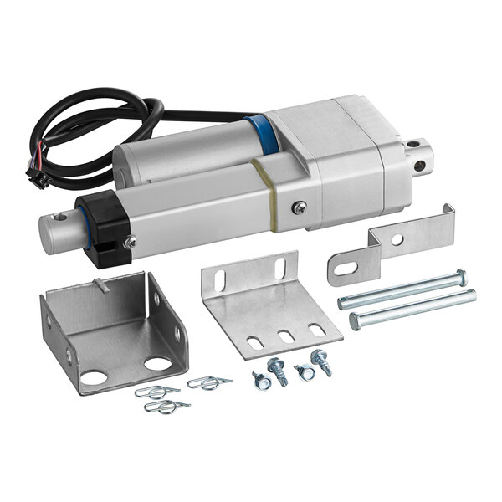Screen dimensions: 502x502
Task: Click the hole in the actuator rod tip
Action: click(59, 218)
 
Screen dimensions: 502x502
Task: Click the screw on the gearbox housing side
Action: click(299, 207)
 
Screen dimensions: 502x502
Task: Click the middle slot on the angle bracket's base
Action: click(286, 336)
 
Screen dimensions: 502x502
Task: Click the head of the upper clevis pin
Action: click(460, 275)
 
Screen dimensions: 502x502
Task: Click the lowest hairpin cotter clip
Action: click(166, 407)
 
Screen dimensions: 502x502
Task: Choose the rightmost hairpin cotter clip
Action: click(209, 383)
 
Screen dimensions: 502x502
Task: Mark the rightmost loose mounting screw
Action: click(320, 361)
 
